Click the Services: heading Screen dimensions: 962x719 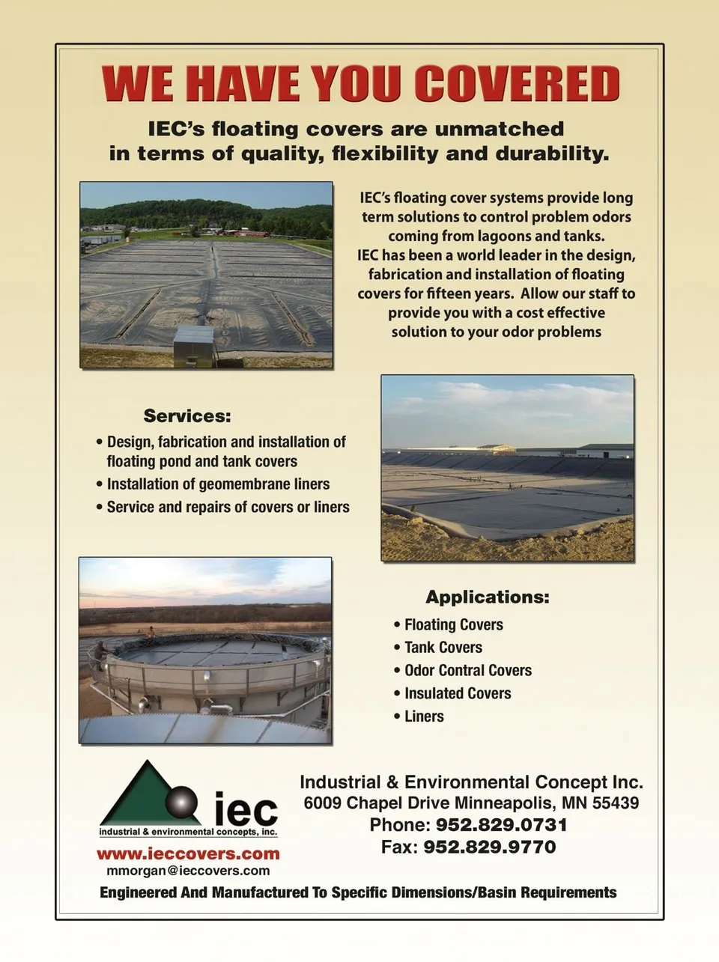pos(187,415)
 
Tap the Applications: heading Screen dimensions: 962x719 pos(487,597)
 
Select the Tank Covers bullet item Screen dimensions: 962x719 pos(443,648)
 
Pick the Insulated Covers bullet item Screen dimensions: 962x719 pos(457,694)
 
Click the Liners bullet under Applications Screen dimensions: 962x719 pos(424,716)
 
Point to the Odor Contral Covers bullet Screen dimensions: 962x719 pos(467,671)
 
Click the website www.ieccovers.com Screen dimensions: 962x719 pos(188,853)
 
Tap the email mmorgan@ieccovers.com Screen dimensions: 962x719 pos(188,871)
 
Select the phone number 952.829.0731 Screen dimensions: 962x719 pos(501,825)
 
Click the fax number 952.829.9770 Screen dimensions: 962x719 pos(489,847)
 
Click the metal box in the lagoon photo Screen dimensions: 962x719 pos(193,346)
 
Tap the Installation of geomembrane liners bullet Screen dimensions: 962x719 pos(218,484)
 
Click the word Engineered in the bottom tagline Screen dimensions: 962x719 pos(139,892)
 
